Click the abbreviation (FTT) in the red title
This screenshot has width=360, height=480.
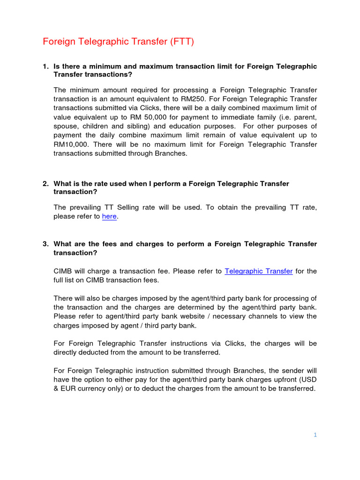tap(180, 42)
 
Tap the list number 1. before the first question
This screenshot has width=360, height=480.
tap(45, 66)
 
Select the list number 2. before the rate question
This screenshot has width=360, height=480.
tap(45, 184)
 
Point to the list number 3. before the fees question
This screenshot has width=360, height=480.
tap(45, 244)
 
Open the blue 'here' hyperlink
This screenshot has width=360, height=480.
tap(109, 216)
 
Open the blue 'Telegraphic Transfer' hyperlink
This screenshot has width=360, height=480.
tap(259, 271)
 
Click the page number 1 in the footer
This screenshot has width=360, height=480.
tap(315, 435)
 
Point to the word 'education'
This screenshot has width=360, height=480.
tap(186, 127)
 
